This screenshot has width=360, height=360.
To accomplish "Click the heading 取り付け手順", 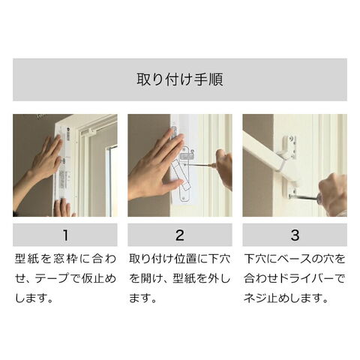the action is [x=180, y=79].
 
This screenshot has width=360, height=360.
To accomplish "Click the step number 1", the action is [x=65, y=235].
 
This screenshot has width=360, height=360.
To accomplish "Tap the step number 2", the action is [x=180, y=235].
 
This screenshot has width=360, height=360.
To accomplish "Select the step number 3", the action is [x=295, y=235].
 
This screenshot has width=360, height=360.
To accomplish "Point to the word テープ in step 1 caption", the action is [x=51, y=278].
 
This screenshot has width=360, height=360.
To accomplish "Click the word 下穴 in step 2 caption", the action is [x=220, y=259].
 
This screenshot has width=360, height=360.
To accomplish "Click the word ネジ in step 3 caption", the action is [x=254, y=298].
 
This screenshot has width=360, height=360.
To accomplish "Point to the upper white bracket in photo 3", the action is [x=289, y=148].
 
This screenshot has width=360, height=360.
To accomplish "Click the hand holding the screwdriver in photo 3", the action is [x=332, y=193].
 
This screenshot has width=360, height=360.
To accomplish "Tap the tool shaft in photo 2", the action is [x=199, y=165].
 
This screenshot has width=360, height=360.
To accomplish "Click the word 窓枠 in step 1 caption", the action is [x=65, y=259].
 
